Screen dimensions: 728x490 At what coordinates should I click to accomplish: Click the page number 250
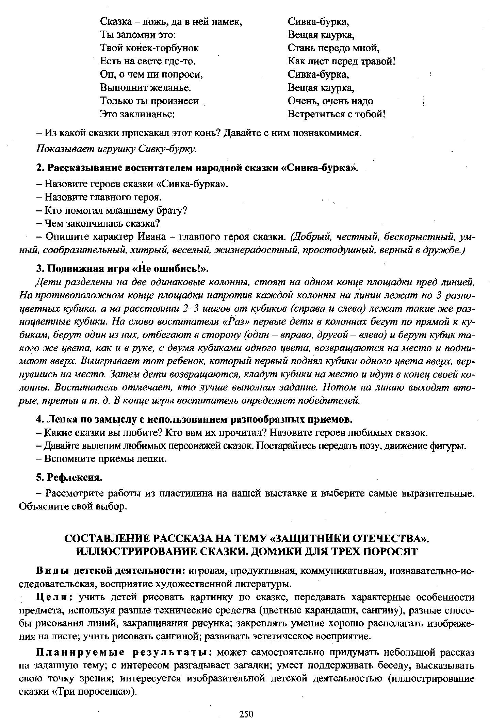coord(247,714)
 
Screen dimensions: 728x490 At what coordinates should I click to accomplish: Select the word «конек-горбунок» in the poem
coord(163,48)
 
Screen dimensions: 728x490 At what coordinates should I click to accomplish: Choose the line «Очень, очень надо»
coord(330,101)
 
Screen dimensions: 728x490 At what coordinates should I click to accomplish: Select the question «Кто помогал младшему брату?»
coord(116,210)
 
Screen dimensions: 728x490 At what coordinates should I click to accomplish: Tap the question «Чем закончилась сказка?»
coord(102,224)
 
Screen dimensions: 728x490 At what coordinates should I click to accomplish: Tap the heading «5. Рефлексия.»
coord(69,478)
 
